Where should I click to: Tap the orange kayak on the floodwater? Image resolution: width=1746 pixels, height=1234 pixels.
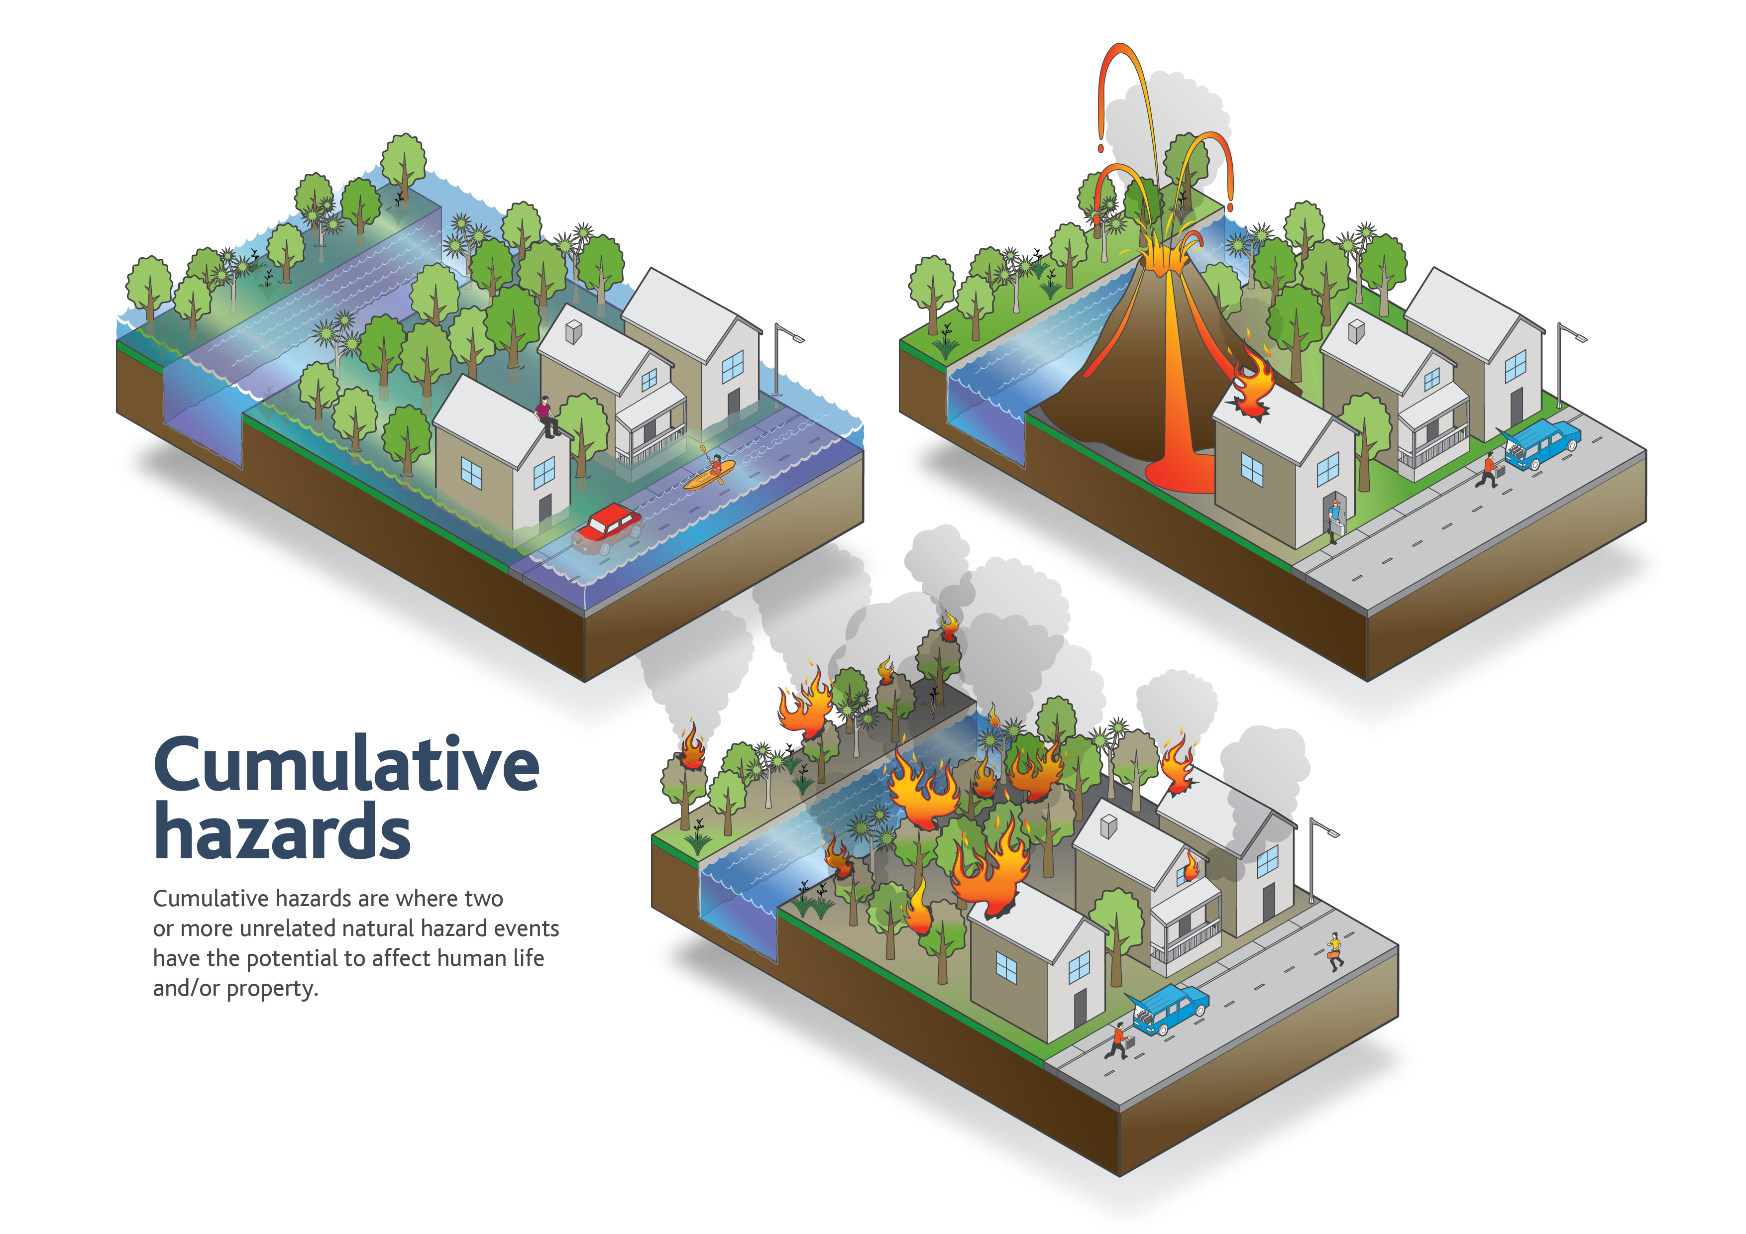710,474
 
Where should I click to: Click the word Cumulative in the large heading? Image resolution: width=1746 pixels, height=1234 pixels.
347,764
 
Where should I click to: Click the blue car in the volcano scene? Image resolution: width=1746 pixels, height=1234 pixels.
1540,445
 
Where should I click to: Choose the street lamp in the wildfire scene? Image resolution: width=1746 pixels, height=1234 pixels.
1319,859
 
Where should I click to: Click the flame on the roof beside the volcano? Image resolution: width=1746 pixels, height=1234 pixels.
1251,384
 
